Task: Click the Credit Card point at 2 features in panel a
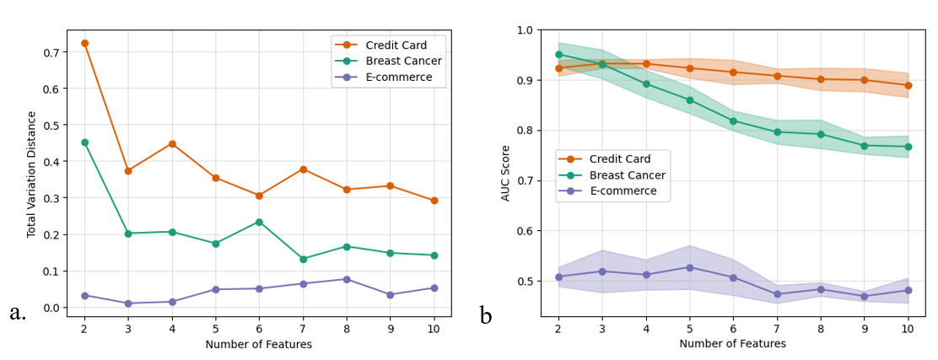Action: point(84,43)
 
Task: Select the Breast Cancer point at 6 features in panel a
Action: point(259,222)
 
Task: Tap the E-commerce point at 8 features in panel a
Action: point(347,279)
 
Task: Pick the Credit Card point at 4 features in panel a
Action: point(172,143)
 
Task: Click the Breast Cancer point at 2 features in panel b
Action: point(558,54)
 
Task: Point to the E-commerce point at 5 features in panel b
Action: point(690,267)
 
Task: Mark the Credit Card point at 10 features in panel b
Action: point(908,85)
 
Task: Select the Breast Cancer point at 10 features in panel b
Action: point(908,147)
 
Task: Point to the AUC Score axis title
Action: point(505,173)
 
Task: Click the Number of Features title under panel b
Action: point(732,344)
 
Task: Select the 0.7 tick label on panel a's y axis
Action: point(52,52)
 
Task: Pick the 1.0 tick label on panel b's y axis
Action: point(525,30)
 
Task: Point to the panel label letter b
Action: point(486,316)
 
